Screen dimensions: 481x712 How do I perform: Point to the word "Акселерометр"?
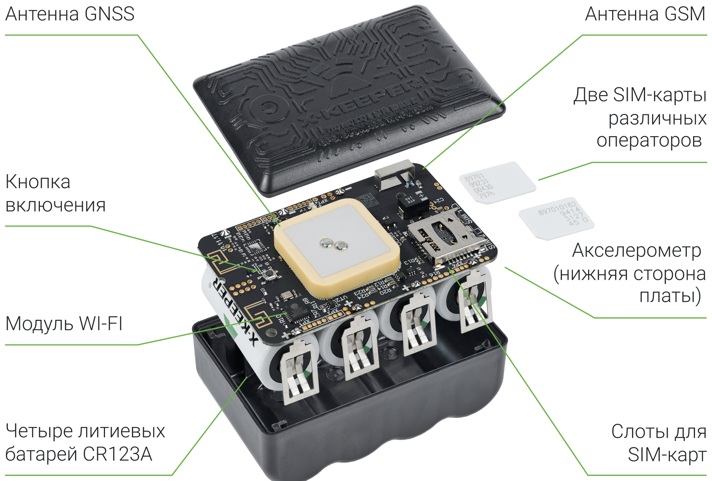coord(636,251)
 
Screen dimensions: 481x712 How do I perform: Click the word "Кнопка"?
coord(38,182)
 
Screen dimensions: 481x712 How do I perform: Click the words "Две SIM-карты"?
coord(640,95)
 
